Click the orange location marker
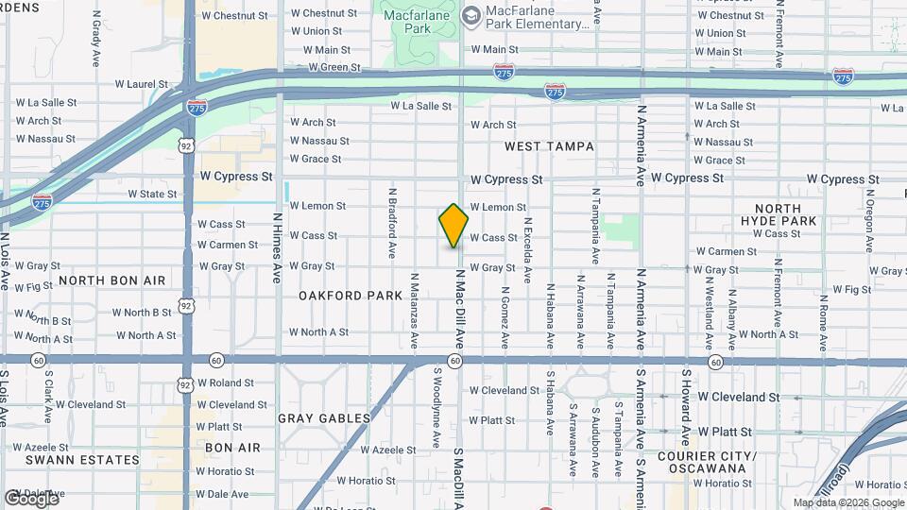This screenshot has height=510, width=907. click(453, 226)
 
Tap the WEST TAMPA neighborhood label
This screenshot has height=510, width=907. click(549, 146)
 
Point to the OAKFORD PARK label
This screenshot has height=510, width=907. click(351, 296)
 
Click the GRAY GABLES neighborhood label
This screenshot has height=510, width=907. click(324, 417)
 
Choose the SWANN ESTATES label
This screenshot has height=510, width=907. click(70, 460)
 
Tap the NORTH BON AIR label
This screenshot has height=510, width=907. click(111, 280)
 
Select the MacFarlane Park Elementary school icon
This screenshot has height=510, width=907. click(471, 15)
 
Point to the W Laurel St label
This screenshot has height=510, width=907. click(141, 84)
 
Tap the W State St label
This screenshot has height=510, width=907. click(152, 195)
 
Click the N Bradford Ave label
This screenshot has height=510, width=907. click(391, 223)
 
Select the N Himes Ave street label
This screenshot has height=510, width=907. click(278, 247)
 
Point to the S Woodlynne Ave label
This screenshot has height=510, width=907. click(437, 407)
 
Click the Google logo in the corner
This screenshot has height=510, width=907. click(31, 498)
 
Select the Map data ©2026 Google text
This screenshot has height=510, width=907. click(847, 502)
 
